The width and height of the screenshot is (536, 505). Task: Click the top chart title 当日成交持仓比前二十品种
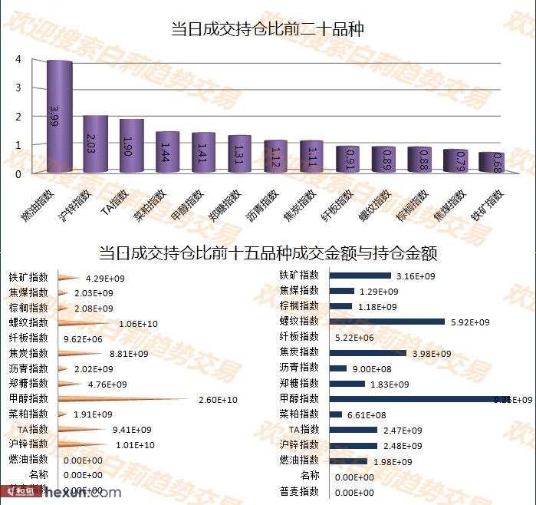point(268,30)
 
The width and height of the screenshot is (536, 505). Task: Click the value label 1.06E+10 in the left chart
point(139,324)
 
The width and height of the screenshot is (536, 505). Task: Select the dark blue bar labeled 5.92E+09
point(388,322)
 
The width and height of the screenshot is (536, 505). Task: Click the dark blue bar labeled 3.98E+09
point(369,353)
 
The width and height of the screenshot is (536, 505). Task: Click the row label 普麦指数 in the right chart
point(299,491)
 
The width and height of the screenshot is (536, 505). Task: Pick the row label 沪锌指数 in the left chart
point(28,444)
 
